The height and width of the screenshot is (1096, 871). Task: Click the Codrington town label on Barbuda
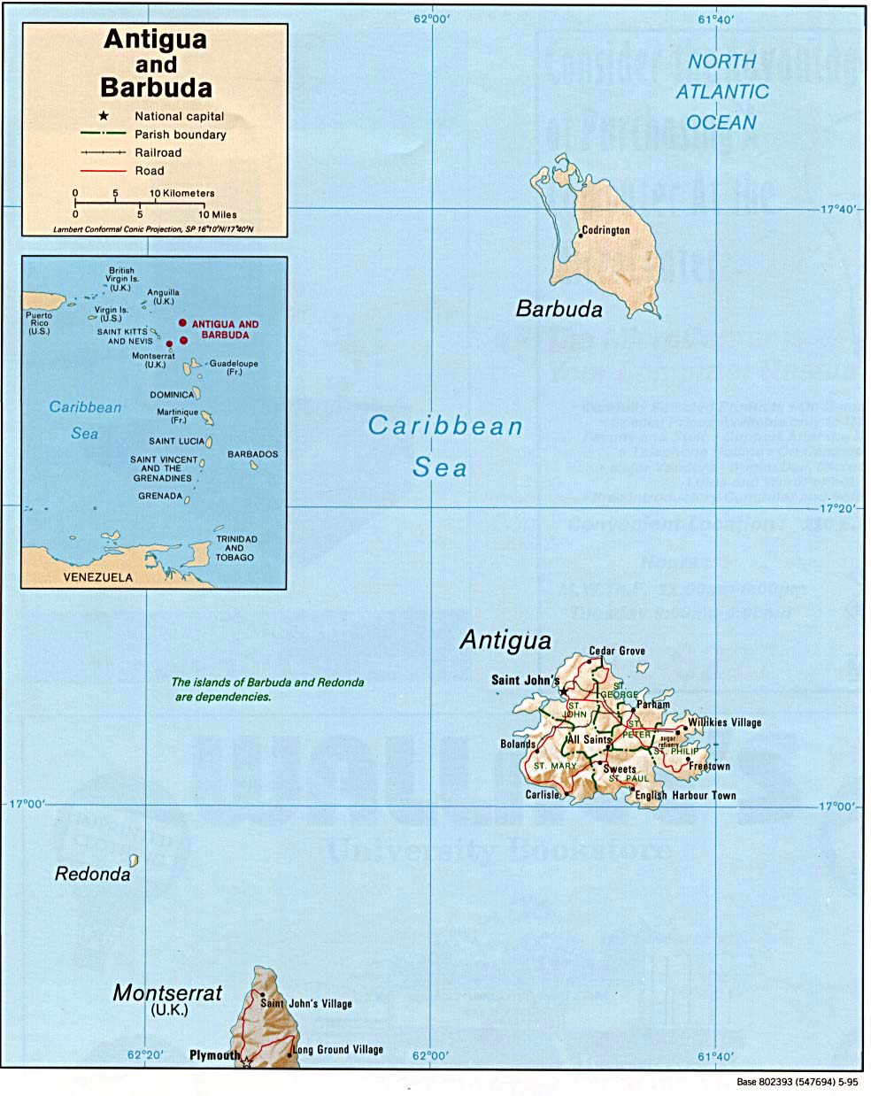(x=606, y=230)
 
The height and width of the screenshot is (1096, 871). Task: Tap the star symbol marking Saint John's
(x=564, y=691)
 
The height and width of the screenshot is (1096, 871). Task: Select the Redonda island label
(x=92, y=875)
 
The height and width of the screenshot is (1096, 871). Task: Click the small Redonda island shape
(x=134, y=860)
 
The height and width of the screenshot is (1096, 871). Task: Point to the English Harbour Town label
(x=685, y=795)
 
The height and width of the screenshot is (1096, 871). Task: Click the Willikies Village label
(x=724, y=722)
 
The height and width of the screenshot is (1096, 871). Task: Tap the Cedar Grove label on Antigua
(x=617, y=651)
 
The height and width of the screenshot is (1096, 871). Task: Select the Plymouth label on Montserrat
(x=214, y=1055)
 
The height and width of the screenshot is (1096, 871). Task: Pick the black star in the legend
(x=104, y=116)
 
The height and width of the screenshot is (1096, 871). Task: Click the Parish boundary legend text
(x=181, y=135)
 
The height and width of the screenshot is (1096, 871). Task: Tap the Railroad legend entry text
(x=158, y=152)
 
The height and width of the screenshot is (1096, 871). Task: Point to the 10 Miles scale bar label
(x=217, y=214)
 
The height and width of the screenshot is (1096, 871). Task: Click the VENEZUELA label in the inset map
(x=97, y=577)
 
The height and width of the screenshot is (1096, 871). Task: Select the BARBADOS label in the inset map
(x=252, y=454)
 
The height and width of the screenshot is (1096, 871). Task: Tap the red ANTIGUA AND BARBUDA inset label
(x=225, y=329)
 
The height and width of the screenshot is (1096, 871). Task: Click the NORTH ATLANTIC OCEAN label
(x=722, y=91)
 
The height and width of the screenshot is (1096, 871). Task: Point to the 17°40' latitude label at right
(x=836, y=210)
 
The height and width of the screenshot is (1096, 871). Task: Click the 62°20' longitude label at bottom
(x=145, y=1055)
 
